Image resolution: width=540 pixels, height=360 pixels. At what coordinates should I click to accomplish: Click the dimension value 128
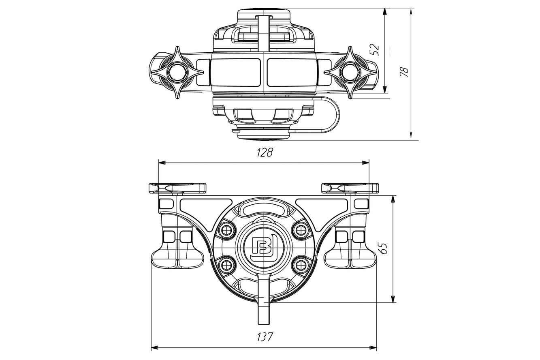[265, 152]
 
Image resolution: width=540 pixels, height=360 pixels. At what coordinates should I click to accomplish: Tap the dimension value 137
[265, 337]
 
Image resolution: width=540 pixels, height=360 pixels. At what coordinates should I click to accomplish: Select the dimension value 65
[383, 249]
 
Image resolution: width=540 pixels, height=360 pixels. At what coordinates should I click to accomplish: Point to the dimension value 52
[375, 50]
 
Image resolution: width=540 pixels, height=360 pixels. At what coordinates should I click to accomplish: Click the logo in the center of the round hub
[264, 249]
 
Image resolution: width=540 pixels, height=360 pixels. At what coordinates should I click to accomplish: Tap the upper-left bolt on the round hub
[226, 230]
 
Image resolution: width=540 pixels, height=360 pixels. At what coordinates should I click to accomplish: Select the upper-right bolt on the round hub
[301, 230]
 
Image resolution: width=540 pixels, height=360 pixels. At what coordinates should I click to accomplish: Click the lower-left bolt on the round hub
[226, 266]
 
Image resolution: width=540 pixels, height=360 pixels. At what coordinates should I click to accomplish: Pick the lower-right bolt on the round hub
[301, 266]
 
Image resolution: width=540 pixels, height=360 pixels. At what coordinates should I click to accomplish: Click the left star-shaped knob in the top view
[177, 72]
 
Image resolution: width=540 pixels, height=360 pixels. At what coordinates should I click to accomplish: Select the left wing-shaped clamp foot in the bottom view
[178, 258]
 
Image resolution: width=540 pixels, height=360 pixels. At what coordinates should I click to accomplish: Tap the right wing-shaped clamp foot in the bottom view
[350, 258]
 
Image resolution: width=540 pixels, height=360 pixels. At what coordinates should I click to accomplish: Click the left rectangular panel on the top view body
[235, 73]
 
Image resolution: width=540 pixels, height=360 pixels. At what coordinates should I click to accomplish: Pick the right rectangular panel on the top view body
[292, 73]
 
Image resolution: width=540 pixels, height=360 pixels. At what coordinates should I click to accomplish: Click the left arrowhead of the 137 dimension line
[154, 348]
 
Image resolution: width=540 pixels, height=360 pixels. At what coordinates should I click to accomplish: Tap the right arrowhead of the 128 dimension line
[366, 163]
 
